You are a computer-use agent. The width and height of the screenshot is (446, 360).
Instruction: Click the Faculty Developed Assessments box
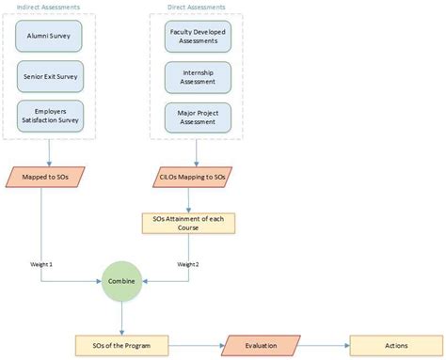coord(197,36)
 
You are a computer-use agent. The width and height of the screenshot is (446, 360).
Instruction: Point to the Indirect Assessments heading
coord(48,7)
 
